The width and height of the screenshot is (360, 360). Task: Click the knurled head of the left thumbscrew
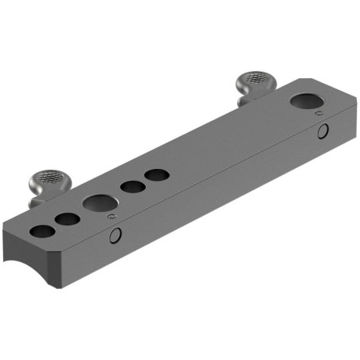tap(47, 179)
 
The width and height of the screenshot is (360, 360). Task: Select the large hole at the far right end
tap(306, 101)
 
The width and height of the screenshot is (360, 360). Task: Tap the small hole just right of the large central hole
tap(131, 187)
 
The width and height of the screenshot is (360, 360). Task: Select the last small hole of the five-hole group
tap(155, 174)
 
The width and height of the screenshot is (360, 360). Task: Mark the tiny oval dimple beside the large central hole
tap(112, 216)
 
